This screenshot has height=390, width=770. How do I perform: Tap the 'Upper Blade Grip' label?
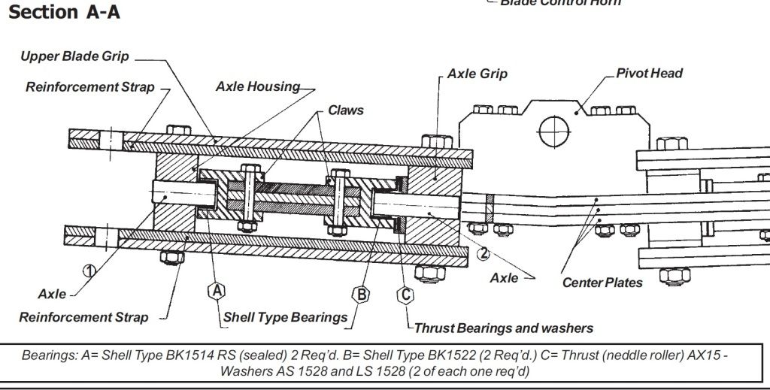[74, 56]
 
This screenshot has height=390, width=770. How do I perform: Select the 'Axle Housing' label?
[258, 86]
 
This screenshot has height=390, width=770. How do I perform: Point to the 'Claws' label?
[345, 110]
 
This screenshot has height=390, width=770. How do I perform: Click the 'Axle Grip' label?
[477, 74]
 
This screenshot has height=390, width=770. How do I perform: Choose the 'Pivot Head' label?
[649, 73]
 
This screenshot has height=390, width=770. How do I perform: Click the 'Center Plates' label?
[602, 283]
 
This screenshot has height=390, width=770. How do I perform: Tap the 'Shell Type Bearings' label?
[285, 317]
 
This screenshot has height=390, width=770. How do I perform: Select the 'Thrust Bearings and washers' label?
[504, 328]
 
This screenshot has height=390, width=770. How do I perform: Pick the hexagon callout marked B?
[362, 294]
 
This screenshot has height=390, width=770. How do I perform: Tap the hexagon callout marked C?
[406, 294]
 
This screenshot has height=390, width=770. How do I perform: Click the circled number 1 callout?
[88, 271]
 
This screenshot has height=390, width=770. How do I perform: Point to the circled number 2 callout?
[484, 252]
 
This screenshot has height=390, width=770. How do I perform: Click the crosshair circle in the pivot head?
[553, 130]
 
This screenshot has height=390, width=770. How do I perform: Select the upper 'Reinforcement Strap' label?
[89, 87]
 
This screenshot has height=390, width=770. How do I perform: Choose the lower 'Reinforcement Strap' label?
[83, 317]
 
